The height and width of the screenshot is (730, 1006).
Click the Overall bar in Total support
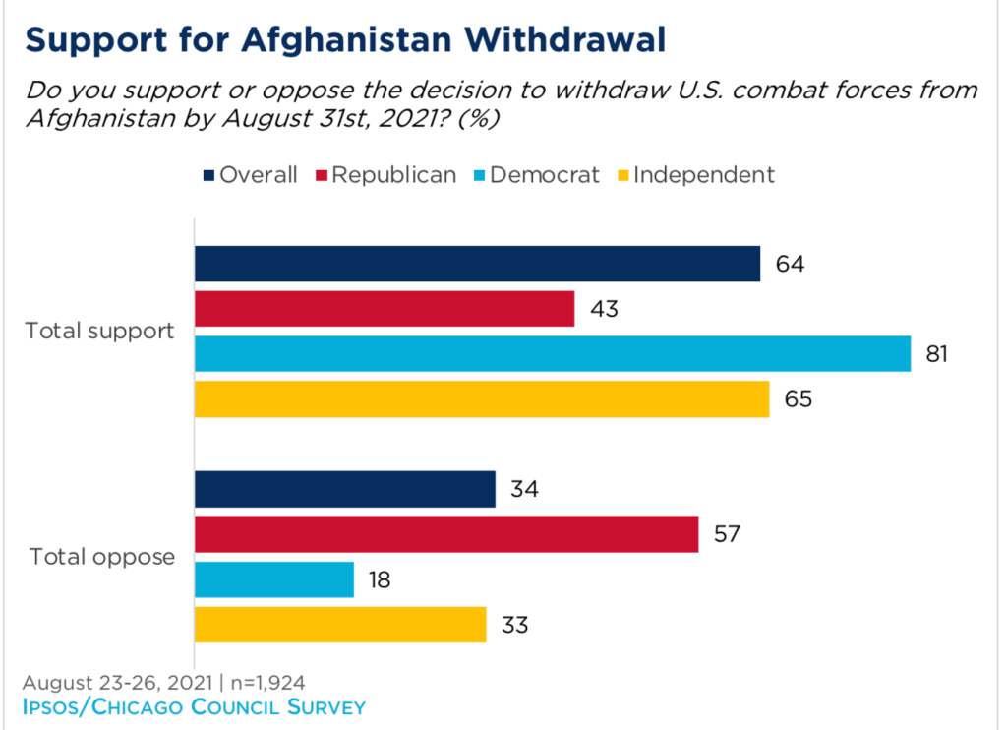pyautogui.click(x=477, y=264)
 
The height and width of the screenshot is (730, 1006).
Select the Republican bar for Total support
pyautogui.click(x=385, y=309)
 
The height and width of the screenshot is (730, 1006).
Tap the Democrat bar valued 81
pyautogui.click(x=553, y=354)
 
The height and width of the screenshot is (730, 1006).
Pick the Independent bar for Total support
pyautogui.click(x=482, y=399)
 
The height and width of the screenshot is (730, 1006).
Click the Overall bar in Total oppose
pyautogui.click(x=345, y=489)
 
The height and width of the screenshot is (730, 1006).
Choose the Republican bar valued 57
pyautogui.click(x=446, y=534)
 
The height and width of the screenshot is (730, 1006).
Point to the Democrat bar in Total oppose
pyautogui.click(x=274, y=579)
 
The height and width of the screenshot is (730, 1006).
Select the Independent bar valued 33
pyautogui.click(x=340, y=625)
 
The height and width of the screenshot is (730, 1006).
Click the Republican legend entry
pyautogui.click(x=385, y=175)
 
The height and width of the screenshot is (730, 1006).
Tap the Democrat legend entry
pyautogui.click(x=536, y=175)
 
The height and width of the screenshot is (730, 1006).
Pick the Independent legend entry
pyautogui.click(x=694, y=175)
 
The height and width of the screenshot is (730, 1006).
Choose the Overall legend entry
pyautogui.click(x=251, y=175)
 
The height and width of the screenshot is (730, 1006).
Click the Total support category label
pyautogui.click(x=99, y=331)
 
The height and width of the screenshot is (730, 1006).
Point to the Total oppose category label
pyautogui.click(x=102, y=557)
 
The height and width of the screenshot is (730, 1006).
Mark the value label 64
pyautogui.click(x=789, y=265)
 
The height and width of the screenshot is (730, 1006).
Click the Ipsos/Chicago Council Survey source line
pyautogui.click(x=194, y=706)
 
